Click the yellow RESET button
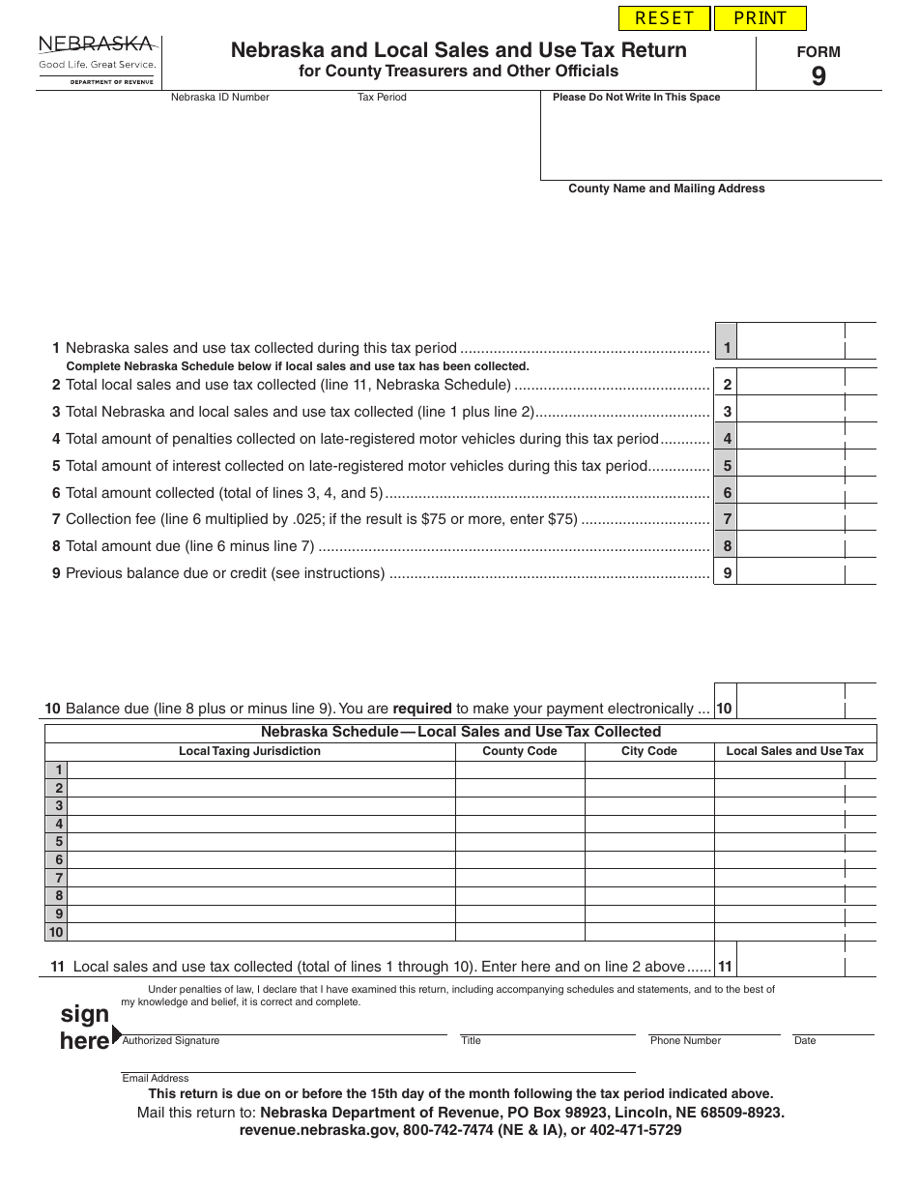(664, 18)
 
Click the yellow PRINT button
(760, 18)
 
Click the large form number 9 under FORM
(818, 77)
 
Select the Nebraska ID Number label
(220, 97)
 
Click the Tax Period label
(382, 97)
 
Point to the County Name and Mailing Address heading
(666, 188)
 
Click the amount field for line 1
(789, 348)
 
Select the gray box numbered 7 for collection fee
(727, 519)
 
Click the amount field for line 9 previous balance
(789, 573)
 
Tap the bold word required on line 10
(422, 709)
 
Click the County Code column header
(519, 751)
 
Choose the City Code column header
(648, 751)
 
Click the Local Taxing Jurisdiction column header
(249, 751)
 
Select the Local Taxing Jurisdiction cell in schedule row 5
(261, 842)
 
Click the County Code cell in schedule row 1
(519, 770)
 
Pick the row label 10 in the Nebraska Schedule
(56, 932)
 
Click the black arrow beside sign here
(117, 1034)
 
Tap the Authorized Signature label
(171, 1041)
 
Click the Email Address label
(156, 1078)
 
